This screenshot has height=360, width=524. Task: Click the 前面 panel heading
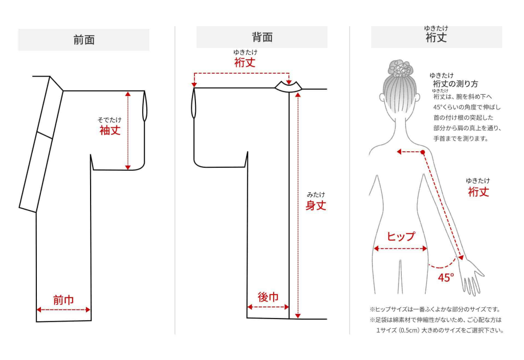tap(83, 40)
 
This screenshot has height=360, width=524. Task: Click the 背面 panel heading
tap(261, 37)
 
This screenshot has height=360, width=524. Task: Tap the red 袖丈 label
tap(110, 130)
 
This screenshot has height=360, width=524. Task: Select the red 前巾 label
tap(63, 300)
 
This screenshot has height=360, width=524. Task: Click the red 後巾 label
tap(268, 297)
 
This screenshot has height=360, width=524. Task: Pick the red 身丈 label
tap(316, 206)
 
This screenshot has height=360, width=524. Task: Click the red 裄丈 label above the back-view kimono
tap(245, 62)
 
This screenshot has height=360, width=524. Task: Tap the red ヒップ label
tap(400, 236)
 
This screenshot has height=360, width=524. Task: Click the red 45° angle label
tap(446, 278)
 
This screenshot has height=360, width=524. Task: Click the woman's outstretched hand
tap(471, 276)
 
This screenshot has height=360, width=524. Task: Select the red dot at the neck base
tap(423, 152)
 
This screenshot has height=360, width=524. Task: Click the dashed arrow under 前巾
tap(63, 309)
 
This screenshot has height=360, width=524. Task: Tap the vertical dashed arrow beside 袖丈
tap(127, 130)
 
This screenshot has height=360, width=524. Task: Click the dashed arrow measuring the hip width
tap(400, 249)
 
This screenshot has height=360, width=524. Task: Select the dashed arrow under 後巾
tap(268, 307)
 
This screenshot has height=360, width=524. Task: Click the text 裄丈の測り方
tap(455, 84)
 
